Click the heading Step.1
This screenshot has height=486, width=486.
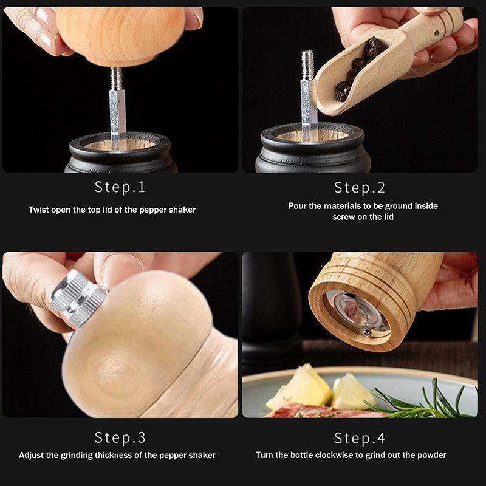pos(120,187)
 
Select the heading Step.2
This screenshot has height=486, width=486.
pos(360,187)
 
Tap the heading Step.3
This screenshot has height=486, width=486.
pos(120,437)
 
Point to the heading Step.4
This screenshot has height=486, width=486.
pos(360,438)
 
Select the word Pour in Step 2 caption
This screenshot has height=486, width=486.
pos(298,206)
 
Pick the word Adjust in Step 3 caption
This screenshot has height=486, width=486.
pos(32,455)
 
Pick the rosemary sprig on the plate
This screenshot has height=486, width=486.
pos(425,401)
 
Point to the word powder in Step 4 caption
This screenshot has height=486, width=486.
pos(432,455)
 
